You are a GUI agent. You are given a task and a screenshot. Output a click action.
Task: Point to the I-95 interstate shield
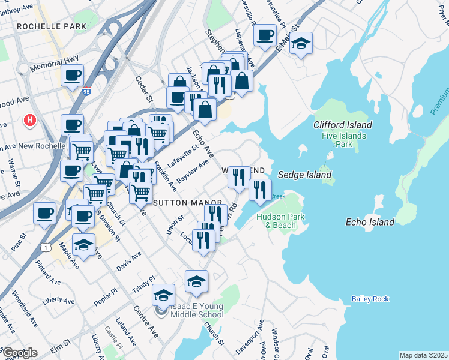tap(88, 91)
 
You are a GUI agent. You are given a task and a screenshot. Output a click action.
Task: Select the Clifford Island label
tap(343, 125)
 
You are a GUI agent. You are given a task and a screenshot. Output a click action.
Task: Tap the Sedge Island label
tap(304, 175)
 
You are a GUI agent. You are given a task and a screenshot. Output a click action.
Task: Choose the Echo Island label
tap(370, 222)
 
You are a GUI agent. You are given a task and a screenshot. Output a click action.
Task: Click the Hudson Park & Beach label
tap(276, 221)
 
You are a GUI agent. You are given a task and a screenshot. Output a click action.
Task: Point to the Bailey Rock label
tap(370, 299)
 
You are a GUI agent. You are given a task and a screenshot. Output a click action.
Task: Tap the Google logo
tap(20, 353)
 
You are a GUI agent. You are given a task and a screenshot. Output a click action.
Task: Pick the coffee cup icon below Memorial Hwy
tap(73, 77)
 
